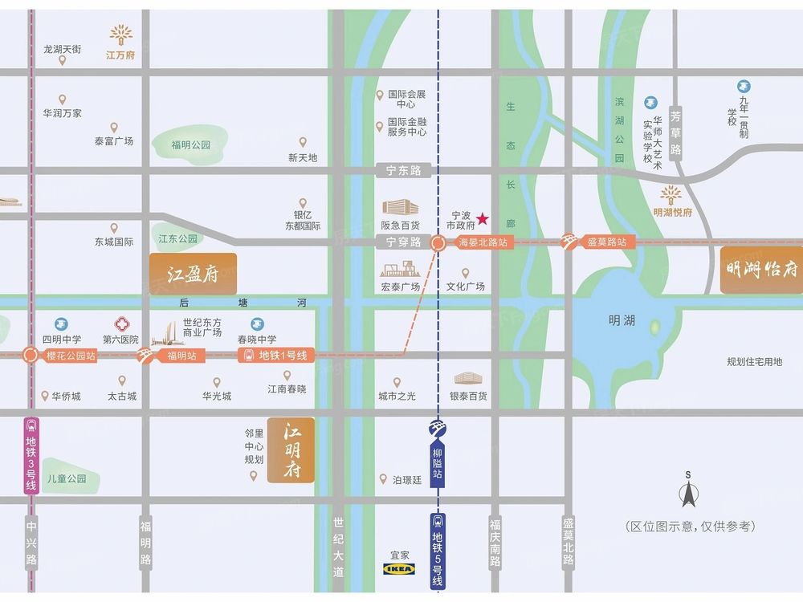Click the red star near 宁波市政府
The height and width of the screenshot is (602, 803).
tap(483, 218)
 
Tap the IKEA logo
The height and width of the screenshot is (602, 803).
tap(398, 568)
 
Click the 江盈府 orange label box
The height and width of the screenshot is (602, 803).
tap(193, 274)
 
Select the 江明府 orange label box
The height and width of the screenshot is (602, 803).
tap(291, 449)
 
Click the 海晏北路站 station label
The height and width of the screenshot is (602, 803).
tap(482, 242)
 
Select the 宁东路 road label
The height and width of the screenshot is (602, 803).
tap(403, 170)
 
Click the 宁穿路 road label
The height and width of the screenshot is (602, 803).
tap(403, 241)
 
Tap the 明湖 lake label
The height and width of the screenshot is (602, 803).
tap(622, 320)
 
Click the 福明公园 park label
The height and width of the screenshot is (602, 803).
tap(190, 145)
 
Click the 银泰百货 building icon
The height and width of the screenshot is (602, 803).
tap(469, 378)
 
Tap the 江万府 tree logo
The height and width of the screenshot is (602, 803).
tap(122, 35)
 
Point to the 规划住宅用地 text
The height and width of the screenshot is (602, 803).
tap(754, 362)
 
